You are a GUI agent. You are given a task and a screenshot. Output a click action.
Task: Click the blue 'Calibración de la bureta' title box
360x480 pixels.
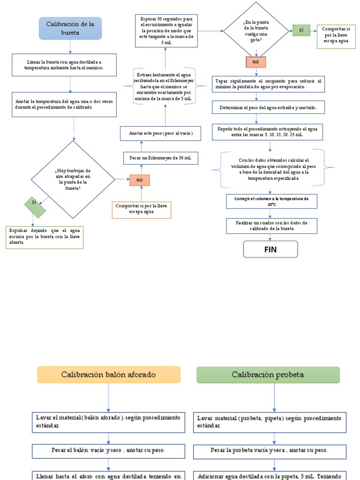click(x=70, y=28)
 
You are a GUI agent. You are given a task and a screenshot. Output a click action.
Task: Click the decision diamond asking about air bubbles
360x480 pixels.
click(x=73, y=180)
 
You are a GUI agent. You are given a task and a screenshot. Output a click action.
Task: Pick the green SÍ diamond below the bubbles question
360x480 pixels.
click(x=35, y=207)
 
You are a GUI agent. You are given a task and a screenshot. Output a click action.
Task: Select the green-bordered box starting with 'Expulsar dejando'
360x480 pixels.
click(x=45, y=237)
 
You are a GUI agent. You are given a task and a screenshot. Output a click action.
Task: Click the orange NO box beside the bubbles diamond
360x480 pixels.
click(x=140, y=180)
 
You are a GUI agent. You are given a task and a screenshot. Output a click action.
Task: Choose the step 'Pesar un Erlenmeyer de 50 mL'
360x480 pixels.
click(x=160, y=158)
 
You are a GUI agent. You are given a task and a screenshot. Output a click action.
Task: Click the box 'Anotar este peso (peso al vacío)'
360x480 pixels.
click(x=160, y=134)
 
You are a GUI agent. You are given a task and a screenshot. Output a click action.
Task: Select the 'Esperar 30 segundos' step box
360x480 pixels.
click(x=165, y=30)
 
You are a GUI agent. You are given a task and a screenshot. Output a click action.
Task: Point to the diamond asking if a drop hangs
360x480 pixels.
click(x=256, y=30)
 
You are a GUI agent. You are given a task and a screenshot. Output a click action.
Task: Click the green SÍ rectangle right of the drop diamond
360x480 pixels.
click(x=301, y=30)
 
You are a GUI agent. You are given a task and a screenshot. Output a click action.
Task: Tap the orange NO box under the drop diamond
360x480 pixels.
click(x=256, y=62)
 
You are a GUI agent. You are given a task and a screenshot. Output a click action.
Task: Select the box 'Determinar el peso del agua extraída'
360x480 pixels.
click(x=268, y=107)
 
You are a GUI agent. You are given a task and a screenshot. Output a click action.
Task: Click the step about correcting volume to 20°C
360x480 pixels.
click(x=271, y=202)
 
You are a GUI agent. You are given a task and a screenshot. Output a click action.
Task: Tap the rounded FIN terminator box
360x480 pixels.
click(x=270, y=249)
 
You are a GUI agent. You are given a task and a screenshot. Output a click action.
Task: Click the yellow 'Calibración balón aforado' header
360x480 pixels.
click(x=109, y=375)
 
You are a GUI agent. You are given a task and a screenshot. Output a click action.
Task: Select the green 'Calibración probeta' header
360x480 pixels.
click(x=268, y=375)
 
